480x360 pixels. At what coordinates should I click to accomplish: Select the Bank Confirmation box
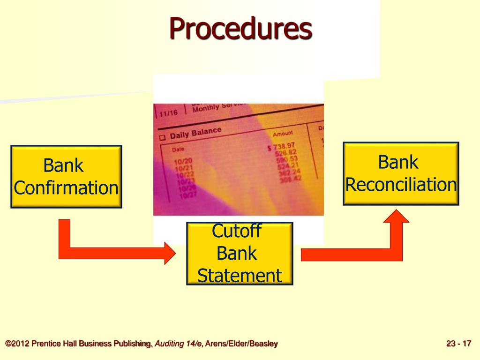pos(66,177)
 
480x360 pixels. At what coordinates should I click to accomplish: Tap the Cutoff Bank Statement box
pos(240,254)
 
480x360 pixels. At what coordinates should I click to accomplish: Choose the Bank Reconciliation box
pos(401,173)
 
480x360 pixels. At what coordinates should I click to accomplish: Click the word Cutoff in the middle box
pos(236,231)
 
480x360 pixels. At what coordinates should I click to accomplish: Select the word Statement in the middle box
pos(240,276)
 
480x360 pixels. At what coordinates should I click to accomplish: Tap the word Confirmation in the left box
pos(66,188)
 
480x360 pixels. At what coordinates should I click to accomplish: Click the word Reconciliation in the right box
pos(401,185)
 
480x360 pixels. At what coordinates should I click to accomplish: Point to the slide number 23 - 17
pos(458,344)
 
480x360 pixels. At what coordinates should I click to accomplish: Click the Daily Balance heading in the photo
pos(195,133)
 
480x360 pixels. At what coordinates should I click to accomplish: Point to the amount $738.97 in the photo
pos(281,146)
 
